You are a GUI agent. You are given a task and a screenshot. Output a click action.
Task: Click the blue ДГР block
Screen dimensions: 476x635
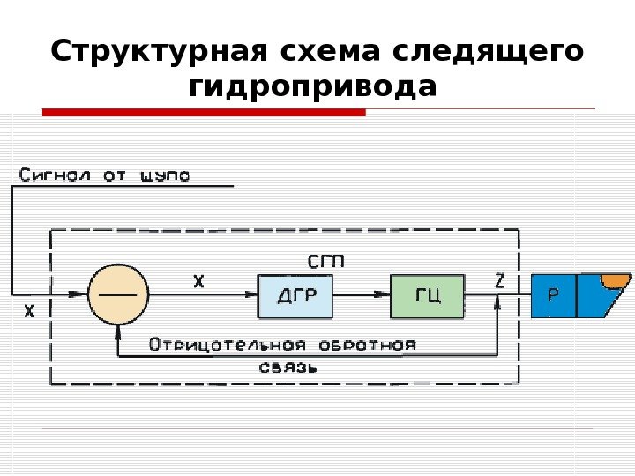[x=295, y=295]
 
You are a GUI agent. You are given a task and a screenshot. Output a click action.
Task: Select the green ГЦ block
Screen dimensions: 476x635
[x=427, y=295]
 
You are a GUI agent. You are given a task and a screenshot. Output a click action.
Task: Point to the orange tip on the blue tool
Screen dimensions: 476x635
[x=615, y=281]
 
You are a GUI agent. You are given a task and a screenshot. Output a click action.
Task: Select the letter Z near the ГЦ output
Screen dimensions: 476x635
[x=499, y=281]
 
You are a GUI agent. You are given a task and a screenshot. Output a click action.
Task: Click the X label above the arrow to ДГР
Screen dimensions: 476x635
[x=198, y=281]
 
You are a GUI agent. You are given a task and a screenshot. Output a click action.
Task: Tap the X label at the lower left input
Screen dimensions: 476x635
[x=29, y=311]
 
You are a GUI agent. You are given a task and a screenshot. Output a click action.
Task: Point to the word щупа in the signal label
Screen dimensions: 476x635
[x=165, y=176]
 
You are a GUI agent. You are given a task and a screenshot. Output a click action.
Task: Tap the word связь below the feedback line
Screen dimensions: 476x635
[x=287, y=367]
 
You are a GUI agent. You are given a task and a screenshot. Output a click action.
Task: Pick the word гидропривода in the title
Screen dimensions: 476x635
[x=313, y=87]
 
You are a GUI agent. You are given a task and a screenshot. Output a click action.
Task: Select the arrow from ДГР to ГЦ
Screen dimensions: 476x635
[x=362, y=294]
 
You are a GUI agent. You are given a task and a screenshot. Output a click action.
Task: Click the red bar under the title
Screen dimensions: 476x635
[x=204, y=113]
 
